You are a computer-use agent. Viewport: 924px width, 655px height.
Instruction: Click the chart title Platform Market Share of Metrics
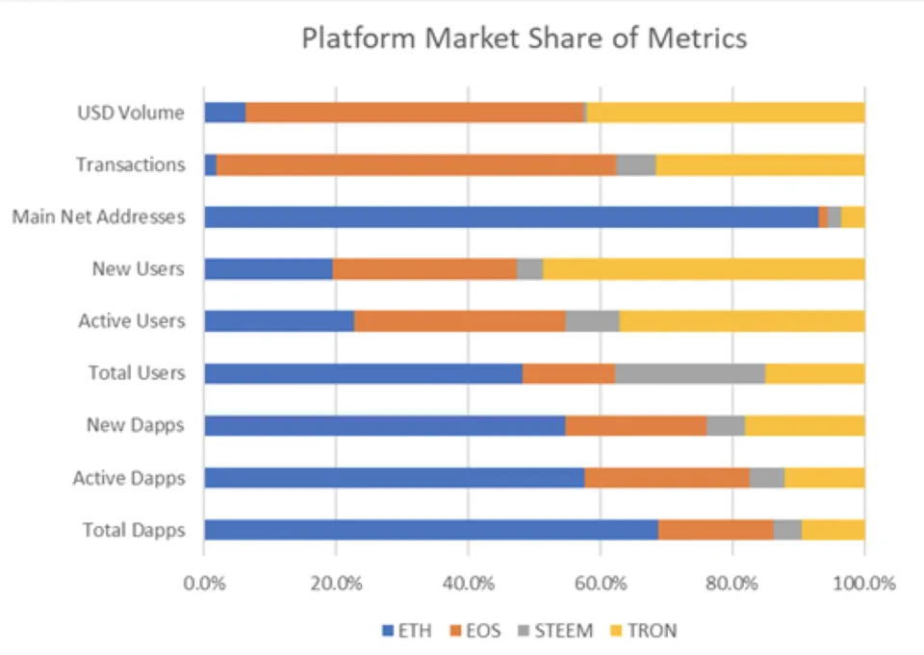(524, 39)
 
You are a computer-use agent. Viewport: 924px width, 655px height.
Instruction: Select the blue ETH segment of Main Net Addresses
(510, 216)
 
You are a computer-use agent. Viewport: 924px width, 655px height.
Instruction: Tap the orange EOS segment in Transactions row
(416, 164)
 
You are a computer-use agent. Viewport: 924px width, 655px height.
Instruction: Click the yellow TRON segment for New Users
(704, 268)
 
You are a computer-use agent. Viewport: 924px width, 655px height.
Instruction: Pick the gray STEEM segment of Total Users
(689, 372)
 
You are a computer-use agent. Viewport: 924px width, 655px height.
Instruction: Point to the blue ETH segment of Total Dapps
(430, 529)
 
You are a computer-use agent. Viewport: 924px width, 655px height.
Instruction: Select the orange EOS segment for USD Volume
(415, 113)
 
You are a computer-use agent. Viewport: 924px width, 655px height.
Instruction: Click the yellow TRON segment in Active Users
(741, 320)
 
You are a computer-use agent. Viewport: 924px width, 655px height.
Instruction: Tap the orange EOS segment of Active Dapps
(666, 477)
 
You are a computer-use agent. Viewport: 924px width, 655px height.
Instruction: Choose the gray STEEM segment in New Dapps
(726, 425)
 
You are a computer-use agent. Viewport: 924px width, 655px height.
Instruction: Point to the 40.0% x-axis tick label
(468, 583)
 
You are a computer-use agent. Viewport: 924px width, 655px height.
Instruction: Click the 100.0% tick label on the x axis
(863, 583)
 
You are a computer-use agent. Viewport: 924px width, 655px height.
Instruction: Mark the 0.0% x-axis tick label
(204, 583)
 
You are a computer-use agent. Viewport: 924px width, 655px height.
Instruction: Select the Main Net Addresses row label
(98, 216)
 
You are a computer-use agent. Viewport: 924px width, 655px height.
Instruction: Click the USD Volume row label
(131, 113)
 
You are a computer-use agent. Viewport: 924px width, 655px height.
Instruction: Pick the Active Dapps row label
(129, 477)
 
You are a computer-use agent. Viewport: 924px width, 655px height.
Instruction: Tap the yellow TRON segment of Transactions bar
(759, 164)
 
